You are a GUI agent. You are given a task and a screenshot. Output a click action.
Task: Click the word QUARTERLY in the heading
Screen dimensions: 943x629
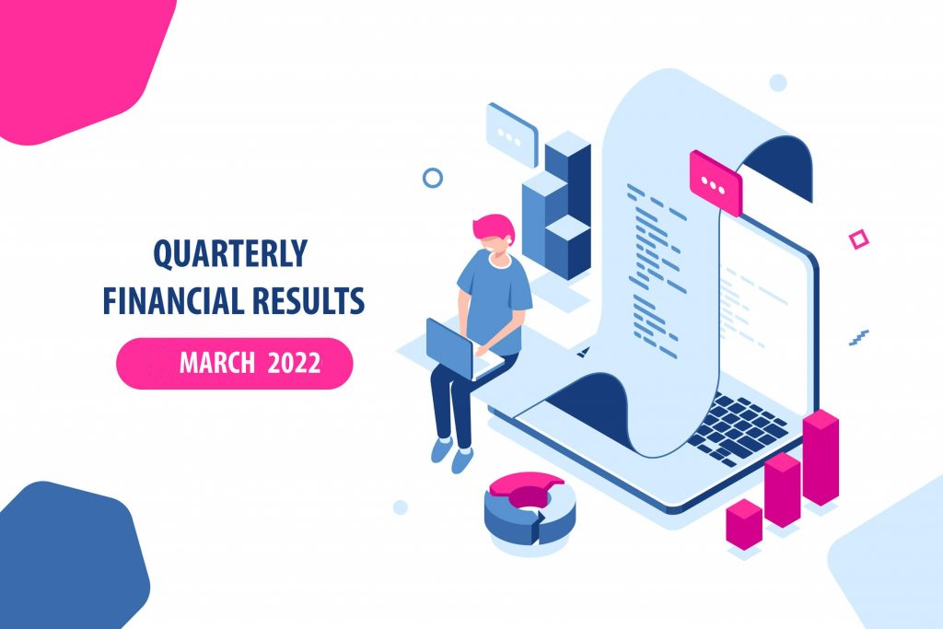coord(230,254)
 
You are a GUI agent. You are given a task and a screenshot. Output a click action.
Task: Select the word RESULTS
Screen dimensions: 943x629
coord(309,300)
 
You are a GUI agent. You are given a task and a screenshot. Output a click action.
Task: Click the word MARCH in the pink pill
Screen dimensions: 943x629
coord(217,363)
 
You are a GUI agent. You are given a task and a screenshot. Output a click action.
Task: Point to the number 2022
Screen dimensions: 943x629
coord(294,363)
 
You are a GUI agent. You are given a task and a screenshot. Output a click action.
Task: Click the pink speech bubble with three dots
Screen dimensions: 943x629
coord(716,183)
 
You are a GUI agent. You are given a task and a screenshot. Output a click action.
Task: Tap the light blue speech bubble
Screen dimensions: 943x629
coord(512,135)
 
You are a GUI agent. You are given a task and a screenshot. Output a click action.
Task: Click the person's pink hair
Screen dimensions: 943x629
coord(494,227)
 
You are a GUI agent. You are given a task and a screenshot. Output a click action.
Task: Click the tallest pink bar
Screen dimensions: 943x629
coord(821,457)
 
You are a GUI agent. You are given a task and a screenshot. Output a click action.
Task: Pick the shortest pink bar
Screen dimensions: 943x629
coord(744,524)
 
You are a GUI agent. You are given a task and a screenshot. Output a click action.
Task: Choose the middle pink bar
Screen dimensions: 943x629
coord(783,490)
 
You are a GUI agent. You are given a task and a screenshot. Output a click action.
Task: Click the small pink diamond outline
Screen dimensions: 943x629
coord(859,239)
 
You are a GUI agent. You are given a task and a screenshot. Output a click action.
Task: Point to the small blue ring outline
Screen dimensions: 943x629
coord(433,178)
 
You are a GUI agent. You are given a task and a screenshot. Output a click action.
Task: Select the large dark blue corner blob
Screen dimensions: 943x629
coord(69,556)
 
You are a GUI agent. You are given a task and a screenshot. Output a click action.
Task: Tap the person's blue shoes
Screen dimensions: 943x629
coord(452,455)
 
